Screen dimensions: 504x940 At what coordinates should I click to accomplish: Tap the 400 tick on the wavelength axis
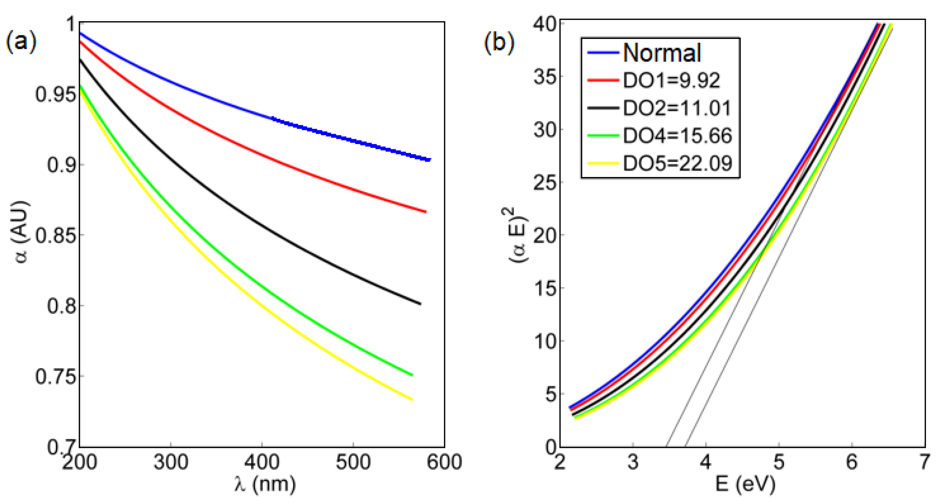point(262,462)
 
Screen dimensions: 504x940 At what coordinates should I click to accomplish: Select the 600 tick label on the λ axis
point(444,462)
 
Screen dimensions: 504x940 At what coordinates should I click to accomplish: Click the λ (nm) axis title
point(265,485)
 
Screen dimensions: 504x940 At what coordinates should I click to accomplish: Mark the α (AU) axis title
point(21,232)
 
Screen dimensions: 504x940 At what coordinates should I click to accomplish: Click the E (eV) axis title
point(745,485)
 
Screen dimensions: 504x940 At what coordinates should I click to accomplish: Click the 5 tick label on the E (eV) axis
point(779,462)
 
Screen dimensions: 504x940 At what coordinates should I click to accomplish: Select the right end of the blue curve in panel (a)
point(430,159)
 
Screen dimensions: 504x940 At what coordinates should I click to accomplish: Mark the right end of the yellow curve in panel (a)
point(412,399)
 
